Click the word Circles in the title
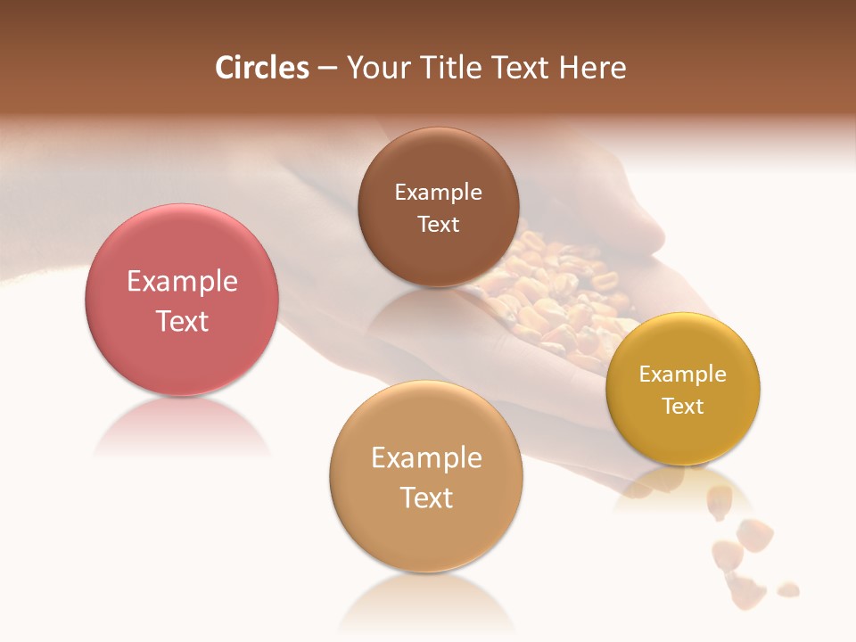262,68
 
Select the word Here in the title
593,68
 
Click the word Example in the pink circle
182,282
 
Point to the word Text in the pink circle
182,321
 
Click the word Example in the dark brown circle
438,193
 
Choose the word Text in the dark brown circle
438,225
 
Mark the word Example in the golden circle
683,374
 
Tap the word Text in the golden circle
683,407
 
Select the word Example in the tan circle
426,458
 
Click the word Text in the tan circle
426,498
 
